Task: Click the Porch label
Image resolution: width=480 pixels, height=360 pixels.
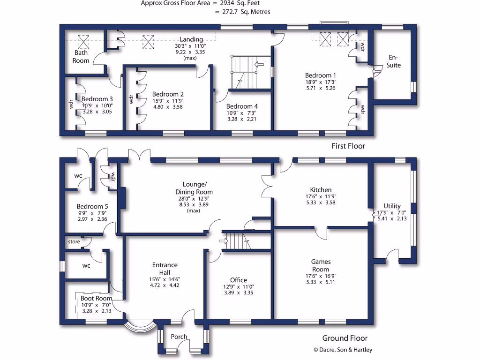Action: click(179, 337)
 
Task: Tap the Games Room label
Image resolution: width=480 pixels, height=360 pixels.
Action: click(321, 266)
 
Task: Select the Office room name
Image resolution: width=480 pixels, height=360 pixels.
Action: click(239, 280)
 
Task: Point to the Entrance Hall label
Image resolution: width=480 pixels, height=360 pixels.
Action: click(165, 269)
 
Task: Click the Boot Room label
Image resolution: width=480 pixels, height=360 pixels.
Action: click(96, 298)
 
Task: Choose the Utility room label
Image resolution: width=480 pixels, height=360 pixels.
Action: click(392, 206)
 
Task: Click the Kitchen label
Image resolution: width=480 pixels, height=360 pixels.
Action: click(321, 190)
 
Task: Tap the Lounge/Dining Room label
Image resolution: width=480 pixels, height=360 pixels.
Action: click(194, 188)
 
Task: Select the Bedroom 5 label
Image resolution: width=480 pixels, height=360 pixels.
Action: click(92, 207)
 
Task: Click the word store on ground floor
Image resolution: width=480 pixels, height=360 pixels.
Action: click(74, 242)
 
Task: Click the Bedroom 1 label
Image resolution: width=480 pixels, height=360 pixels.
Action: click(321, 75)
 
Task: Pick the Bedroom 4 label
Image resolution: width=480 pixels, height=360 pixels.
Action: click(242, 106)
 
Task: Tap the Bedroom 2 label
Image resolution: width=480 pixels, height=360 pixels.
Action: click(168, 94)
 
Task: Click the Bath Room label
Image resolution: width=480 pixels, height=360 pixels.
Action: click(81, 57)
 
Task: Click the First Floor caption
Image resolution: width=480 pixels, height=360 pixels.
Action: click(348, 146)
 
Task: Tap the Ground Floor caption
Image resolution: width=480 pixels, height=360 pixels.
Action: click(345, 338)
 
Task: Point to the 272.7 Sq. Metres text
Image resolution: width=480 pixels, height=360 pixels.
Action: click(242, 12)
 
